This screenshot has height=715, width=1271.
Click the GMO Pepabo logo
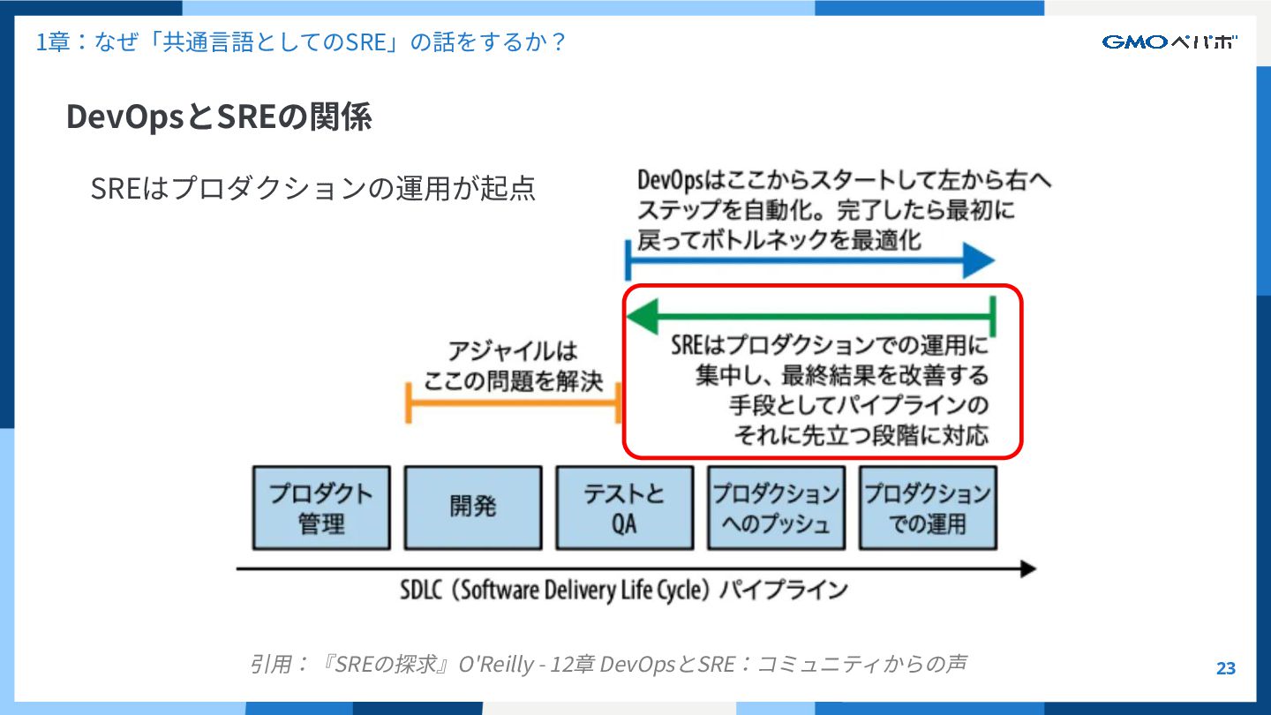pyautogui.click(x=1169, y=41)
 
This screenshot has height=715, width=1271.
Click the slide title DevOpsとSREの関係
pyautogui.click(x=219, y=117)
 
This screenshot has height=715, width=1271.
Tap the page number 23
pyautogui.click(x=1225, y=668)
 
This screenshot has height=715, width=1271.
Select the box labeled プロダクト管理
pyautogui.click(x=321, y=508)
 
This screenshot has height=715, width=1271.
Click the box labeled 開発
pyautogui.click(x=473, y=508)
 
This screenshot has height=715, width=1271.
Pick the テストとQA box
pyautogui.click(x=624, y=508)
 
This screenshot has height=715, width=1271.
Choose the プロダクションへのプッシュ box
pyautogui.click(x=776, y=508)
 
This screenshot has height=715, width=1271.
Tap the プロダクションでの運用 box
pyautogui.click(x=928, y=508)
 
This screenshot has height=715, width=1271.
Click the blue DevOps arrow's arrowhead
pyautogui.click(x=979, y=260)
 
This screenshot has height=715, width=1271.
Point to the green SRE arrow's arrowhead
pyautogui.click(x=642, y=316)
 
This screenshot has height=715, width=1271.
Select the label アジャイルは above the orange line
pyautogui.click(x=512, y=351)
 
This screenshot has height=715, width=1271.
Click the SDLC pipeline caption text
pyautogui.click(x=623, y=590)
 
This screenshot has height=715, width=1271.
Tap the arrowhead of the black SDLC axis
pyautogui.click(x=1027, y=569)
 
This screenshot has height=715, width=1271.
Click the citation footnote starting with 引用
pyautogui.click(x=607, y=664)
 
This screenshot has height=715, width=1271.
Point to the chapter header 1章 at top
pyautogui.click(x=52, y=41)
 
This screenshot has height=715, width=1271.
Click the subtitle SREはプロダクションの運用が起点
pyautogui.click(x=313, y=188)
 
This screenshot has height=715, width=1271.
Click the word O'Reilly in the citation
pyautogui.click(x=497, y=664)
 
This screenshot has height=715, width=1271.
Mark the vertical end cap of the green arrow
pyautogui.click(x=994, y=316)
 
